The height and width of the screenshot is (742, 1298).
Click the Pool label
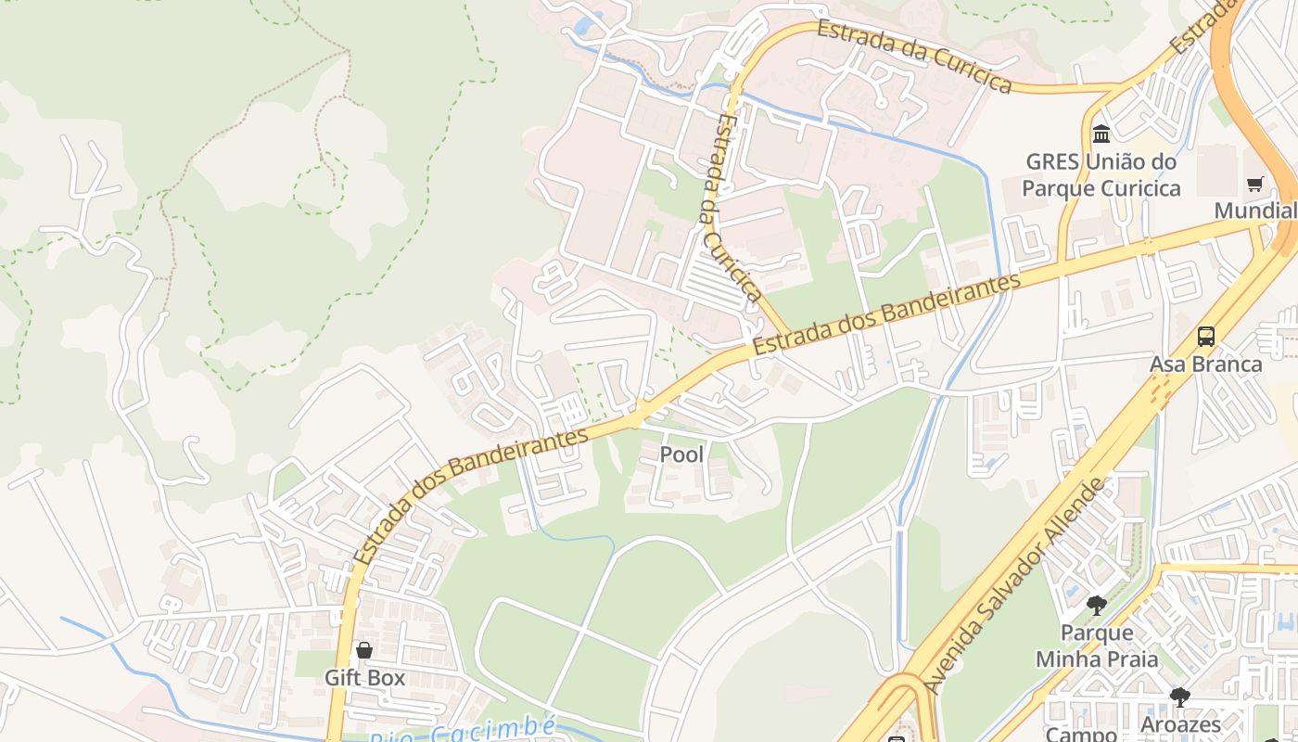click(x=681, y=454)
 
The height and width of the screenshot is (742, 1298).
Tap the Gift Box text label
click(x=364, y=678)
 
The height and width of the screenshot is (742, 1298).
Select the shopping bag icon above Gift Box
click(x=364, y=650)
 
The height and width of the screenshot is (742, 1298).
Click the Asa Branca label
click(x=1205, y=365)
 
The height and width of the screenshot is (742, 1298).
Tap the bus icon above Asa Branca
click(x=1205, y=337)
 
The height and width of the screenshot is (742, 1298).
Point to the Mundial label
click(x=1254, y=211)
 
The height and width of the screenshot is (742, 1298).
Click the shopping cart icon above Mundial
click(x=1254, y=184)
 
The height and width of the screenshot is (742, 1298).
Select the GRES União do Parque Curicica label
click(x=1101, y=175)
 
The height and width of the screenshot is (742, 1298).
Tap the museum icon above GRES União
click(x=1101, y=134)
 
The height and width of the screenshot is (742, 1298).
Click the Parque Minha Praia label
click(x=1097, y=646)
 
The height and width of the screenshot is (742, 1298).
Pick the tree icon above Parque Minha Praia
click(x=1097, y=606)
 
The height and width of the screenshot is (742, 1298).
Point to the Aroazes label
click(x=1180, y=724)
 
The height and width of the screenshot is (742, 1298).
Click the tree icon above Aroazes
click(x=1179, y=697)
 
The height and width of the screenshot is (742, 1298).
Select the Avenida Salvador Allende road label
click(x=1018, y=586)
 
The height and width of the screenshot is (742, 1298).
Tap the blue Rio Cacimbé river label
click(x=464, y=730)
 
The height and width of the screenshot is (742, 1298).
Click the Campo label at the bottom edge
click(x=1081, y=735)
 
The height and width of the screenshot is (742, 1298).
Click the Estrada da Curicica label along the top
click(x=913, y=56)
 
